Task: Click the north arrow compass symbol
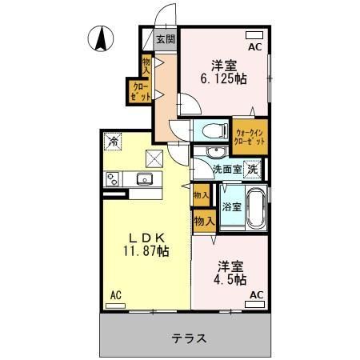point(101,38)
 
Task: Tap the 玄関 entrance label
point(166,39)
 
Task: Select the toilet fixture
point(215,130)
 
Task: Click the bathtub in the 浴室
point(256,208)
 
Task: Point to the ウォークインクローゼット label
point(250,137)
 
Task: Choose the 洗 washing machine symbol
point(253,170)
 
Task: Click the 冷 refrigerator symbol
point(113,141)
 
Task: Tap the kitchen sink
point(145,178)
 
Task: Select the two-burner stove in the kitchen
point(113,179)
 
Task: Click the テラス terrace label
point(189,338)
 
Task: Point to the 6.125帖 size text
point(223,78)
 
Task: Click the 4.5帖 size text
point(230,279)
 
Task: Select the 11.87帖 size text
point(146,251)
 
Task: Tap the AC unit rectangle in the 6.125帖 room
point(254,35)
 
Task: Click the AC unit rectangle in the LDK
point(115,306)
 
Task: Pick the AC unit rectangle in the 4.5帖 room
point(254,304)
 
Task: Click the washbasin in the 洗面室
point(217,153)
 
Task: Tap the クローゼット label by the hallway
point(140,91)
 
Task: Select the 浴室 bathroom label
point(232,206)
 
